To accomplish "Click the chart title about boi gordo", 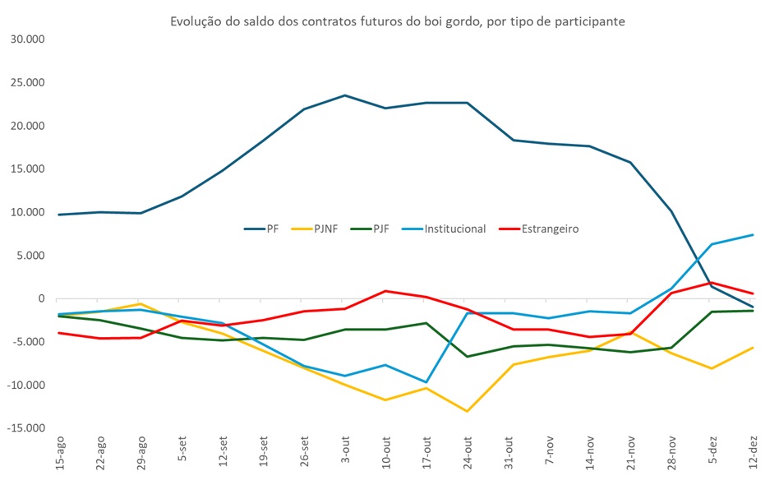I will click(398, 21).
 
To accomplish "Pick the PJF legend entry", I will click(381, 229).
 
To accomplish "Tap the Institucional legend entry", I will click(455, 229).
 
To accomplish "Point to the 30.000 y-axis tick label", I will click(26, 39).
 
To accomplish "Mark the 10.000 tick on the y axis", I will click(26, 212).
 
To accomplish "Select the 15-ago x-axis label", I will click(59, 456).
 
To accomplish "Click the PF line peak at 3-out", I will click(345, 95).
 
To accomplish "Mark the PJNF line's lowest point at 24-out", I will click(468, 411).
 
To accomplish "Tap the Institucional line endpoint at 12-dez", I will click(753, 235).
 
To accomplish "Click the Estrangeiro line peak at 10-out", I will click(385, 291).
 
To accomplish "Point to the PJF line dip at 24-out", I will click(468, 357).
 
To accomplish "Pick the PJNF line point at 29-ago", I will click(141, 303).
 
